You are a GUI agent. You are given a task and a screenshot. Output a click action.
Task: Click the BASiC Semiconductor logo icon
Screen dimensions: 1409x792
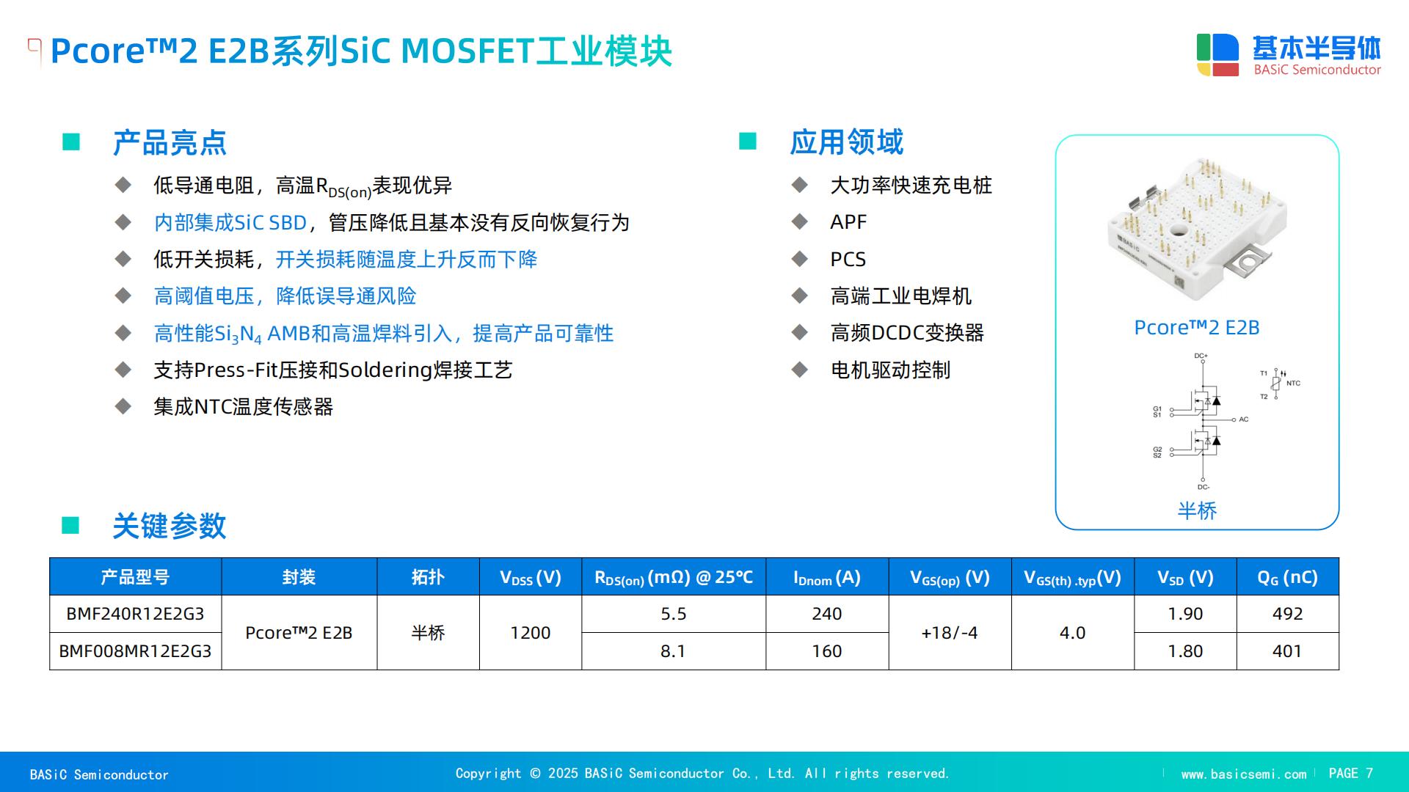(x=1217, y=55)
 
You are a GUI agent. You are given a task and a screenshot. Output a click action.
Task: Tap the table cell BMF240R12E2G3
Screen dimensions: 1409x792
(x=135, y=614)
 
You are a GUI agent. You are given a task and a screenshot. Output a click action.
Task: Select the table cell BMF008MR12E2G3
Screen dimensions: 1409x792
(x=135, y=651)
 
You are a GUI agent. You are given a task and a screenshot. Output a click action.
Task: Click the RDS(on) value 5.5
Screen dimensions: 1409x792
(x=673, y=614)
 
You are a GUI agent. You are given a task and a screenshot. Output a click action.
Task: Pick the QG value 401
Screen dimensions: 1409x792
(x=1287, y=651)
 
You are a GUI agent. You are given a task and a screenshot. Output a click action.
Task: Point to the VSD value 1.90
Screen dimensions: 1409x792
(x=1185, y=614)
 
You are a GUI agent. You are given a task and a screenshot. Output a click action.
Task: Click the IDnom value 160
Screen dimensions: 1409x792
(x=827, y=651)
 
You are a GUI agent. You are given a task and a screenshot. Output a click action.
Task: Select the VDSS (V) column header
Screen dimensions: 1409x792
(x=531, y=577)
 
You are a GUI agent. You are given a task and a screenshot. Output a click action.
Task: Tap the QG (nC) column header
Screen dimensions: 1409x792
(x=1287, y=577)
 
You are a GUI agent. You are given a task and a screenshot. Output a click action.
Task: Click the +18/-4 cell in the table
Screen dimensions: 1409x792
(x=950, y=633)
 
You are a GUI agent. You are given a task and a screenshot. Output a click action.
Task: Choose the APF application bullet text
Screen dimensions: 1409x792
(x=848, y=221)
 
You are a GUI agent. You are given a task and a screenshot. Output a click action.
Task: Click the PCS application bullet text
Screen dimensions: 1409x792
(x=848, y=259)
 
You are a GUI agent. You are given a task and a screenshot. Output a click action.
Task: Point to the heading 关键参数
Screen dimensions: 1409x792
(x=170, y=526)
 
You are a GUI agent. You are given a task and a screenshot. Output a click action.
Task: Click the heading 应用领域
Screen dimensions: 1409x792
(x=847, y=142)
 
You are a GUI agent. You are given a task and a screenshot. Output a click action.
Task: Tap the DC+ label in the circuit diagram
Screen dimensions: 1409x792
(x=1201, y=356)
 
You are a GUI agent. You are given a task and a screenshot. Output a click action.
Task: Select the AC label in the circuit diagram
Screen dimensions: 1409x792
(x=1243, y=419)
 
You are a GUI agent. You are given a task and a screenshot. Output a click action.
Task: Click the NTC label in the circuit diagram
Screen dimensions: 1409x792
(x=1293, y=384)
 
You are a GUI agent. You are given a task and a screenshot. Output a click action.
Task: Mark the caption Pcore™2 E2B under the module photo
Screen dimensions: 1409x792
(x=1197, y=328)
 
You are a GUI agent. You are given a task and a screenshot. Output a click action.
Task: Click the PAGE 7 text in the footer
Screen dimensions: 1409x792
(x=1350, y=774)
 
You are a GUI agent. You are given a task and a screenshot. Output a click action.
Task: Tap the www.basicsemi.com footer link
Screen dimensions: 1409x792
(x=1244, y=774)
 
